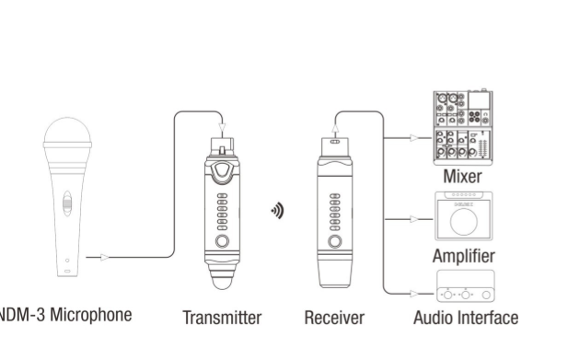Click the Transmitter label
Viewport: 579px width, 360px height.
coord(222,318)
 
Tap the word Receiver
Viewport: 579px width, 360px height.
coord(334,318)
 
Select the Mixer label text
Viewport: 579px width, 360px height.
coord(462,176)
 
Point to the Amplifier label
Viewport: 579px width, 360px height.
coord(464,256)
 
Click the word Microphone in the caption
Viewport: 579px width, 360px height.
coord(91,315)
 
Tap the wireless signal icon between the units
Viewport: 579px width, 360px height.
coord(278,211)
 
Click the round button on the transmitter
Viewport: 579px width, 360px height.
coord(222,241)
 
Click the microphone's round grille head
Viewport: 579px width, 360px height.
coord(67,131)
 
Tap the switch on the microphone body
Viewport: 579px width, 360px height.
coord(67,203)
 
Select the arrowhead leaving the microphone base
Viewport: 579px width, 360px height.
coord(105,258)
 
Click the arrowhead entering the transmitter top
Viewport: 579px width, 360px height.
coord(222,128)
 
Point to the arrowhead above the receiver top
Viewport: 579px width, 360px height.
coord(335,128)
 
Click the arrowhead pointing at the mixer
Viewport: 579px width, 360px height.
coord(414,138)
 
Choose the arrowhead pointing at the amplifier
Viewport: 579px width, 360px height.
coord(414,219)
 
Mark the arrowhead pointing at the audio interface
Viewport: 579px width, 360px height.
coord(414,294)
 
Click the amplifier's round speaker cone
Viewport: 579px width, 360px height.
coord(464,222)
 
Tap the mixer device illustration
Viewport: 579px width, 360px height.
coord(463,127)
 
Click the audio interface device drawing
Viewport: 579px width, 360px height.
coord(466,286)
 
